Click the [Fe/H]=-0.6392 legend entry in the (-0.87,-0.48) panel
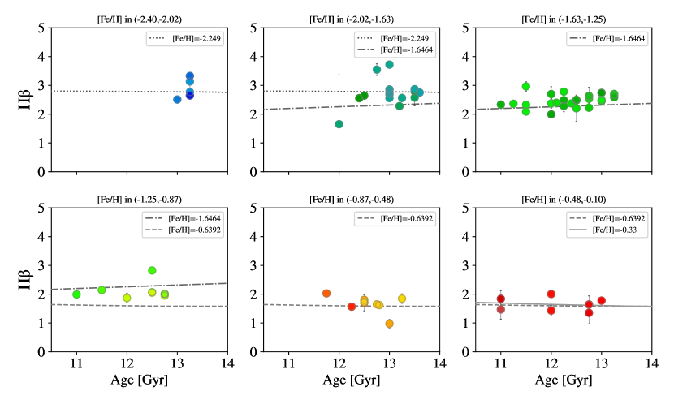pyautogui.click(x=400, y=219)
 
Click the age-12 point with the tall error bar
pyautogui.click(x=339, y=124)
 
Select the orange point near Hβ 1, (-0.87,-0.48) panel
pyautogui.click(x=389, y=324)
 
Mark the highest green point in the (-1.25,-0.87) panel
pyautogui.click(x=152, y=270)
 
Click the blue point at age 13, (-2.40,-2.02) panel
pyautogui.click(x=177, y=99)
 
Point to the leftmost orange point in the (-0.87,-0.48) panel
pyautogui.click(x=326, y=293)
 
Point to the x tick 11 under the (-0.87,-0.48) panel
pyautogui.click(x=289, y=362)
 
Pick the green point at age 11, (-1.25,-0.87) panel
pyautogui.click(x=76, y=294)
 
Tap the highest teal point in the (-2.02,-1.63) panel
pyautogui.click(x=389, y=64)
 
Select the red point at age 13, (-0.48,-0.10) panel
pyautogui.click(x=602, y=301)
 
